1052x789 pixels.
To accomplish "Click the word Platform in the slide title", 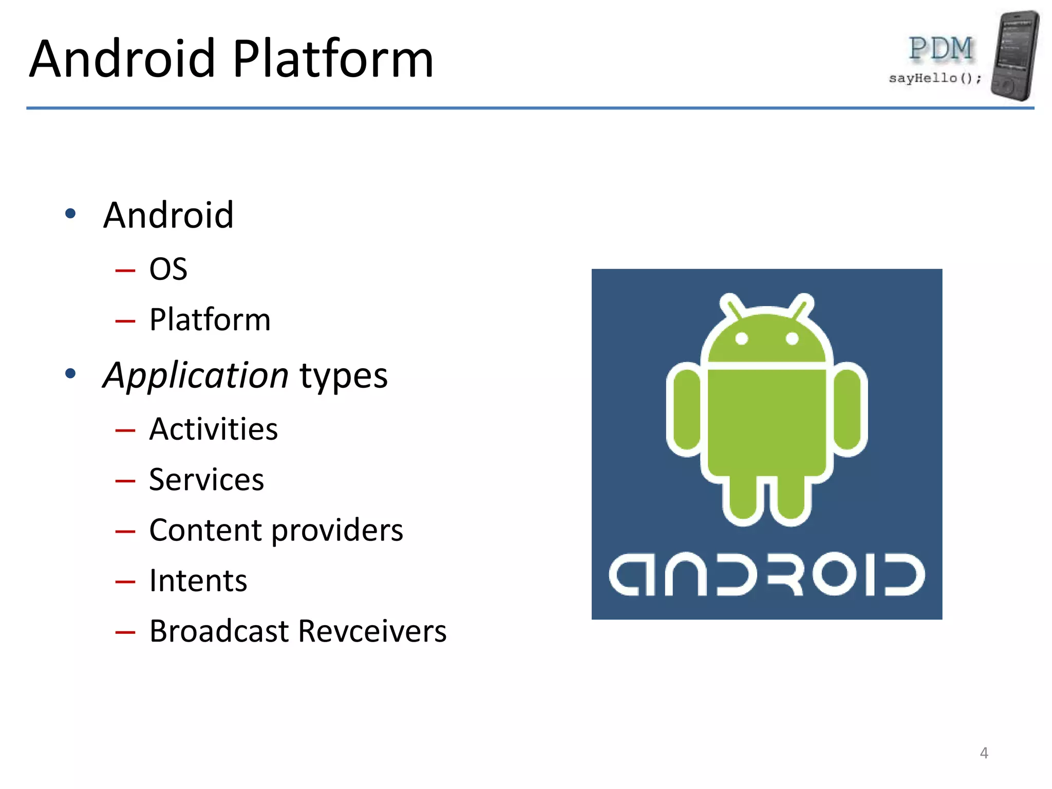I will coord(333,60).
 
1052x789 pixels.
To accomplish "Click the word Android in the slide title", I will coord(122,60).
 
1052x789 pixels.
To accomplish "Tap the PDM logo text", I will coord(941,49).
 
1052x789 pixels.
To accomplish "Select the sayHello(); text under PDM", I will coord(935,78).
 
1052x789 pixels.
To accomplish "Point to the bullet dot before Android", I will coord(71,213).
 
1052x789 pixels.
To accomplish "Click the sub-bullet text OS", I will coord(168,269).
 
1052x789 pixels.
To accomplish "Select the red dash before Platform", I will coord(125,322).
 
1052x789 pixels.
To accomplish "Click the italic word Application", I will coord(195,375).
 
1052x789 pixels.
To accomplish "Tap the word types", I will coord(343,376).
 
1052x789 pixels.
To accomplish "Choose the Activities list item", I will coord(213,429).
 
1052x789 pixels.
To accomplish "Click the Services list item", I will coord(206,480).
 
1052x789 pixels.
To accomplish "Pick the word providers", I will coord(337,530).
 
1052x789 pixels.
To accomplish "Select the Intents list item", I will coord(198,580).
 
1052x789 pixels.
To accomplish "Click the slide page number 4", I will coord(984,753).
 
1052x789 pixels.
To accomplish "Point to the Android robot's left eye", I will coord(741,339).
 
